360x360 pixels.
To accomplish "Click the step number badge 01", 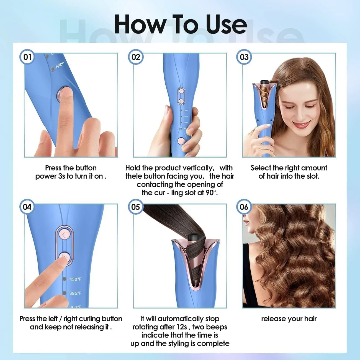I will pyautogui.click(x=27, y=57).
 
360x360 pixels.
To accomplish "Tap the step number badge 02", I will pyautogui.click(x=136, y=57).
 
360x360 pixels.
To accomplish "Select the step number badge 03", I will pyautogui.click(x=244, y=57).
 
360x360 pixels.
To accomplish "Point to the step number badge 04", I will pyautogui.click(x=27, y=207).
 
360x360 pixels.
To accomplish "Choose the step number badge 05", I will pyautogui.click(x=136, y=207).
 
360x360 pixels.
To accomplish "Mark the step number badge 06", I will pyautogui.click(x=244, y=207).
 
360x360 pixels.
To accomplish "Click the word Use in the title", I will pyautogui.click(x=226, y=24).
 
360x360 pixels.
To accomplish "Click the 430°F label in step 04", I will pyautogui.click(x=75, y=279).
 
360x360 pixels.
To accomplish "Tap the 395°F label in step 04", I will pyautogui.click(x=75, y=293).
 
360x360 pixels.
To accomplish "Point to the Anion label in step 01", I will pyautogui.click(x=60, y=65).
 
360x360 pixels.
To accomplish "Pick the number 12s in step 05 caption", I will pyautogui.click(x=182, y=327).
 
